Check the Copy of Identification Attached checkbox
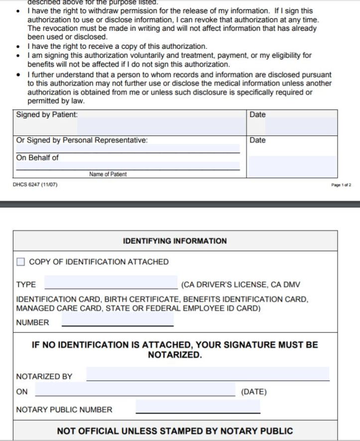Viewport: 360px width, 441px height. click(x=20, y=262)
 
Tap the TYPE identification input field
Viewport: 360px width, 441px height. click(x=111, y=283)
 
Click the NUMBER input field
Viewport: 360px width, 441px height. click(x=118, y=321)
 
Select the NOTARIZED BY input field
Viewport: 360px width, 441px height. click(x=208, y=374)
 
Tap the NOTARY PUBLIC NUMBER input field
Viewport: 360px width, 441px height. click(x=198, y=408)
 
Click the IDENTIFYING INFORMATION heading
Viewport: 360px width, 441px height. click(x=175, y=241)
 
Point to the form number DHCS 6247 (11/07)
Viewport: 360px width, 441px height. click(x=35, y=185)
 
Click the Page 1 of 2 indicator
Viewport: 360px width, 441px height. click(x=341, y=185)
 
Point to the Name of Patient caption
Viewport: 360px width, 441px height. click(x=108, y=174)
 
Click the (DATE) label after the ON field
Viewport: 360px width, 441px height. click(x=254, y=392)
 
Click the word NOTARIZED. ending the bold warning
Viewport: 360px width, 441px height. click(x=175, y=355)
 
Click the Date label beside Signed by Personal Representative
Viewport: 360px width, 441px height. click(x=257, y=140)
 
